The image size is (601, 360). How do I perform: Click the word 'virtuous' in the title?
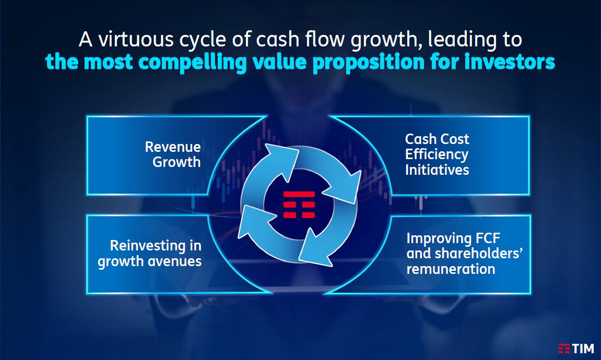click(136, 40)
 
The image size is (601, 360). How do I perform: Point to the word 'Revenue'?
click(173, 147)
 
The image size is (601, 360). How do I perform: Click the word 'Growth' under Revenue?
click(176, 162)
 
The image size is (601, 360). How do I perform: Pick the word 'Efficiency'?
click(437, 155)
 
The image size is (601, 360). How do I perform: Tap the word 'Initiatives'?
click(437, 170)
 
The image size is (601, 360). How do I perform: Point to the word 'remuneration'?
click(451, 269)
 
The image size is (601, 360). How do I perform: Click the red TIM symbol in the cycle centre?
click(299, 205)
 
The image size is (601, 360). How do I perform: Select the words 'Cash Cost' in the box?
click(437, 139)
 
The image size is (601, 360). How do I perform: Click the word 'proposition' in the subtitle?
click(369, 63)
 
